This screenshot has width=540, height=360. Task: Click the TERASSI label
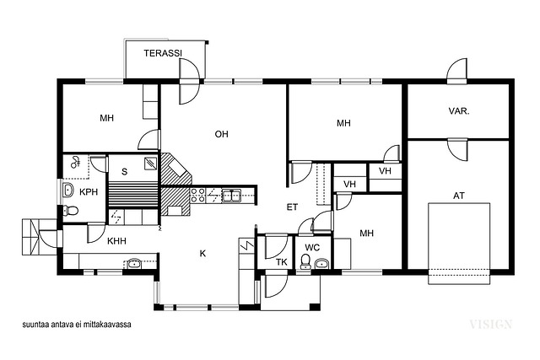coord(163,53)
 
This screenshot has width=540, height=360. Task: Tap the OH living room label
coord(221,134)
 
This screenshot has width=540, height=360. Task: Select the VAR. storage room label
coord(459,111)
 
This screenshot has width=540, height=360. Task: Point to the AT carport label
coord(459,196)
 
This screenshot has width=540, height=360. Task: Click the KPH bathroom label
coord(89,192)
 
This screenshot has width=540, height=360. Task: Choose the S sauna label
coord(124,172)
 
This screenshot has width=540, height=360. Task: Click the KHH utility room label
coord(116,241)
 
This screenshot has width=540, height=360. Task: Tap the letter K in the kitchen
coord(202,254)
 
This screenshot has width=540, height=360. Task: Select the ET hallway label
coord(292,207)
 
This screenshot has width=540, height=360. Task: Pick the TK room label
coord(282,262)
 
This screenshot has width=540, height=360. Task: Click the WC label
coord(312,248)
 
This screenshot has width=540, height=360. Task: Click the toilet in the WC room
coord(305,261)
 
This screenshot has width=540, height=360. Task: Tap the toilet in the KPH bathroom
coord(70,210)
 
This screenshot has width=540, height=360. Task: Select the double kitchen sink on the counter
coord(231,196)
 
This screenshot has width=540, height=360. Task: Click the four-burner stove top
coord(198,196)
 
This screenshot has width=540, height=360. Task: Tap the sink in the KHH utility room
coord(134,264)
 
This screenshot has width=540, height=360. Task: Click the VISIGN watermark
coord(491,325)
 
